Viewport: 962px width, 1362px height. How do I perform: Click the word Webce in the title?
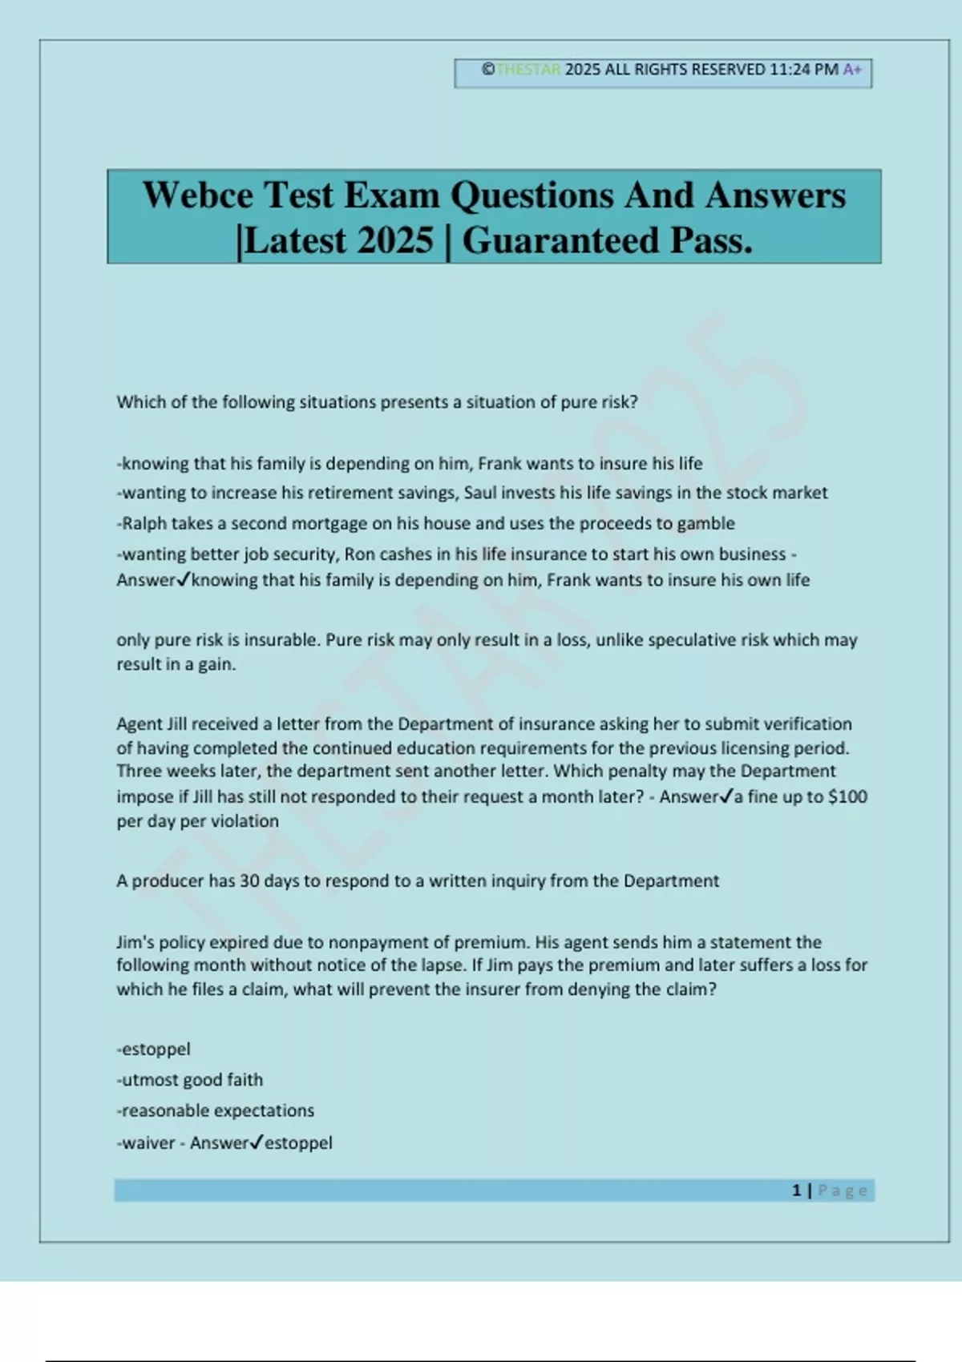coord(197,195)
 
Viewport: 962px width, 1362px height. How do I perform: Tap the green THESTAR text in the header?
coord(528,70)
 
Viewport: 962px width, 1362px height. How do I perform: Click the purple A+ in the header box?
coord(852,70)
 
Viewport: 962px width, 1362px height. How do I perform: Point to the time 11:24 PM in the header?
coord(804,70)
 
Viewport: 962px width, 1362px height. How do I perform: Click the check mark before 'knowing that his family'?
coord(184,579)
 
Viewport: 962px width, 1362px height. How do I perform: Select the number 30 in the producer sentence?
coord(249,881)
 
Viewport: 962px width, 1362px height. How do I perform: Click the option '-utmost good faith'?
coord(190,1080)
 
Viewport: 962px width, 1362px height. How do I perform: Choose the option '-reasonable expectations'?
coord(216,1111)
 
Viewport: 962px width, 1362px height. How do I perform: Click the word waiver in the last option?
coord(148,1143)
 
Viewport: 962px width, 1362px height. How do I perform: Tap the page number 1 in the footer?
coord(796,1191)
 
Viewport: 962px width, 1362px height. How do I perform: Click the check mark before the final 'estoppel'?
coord(257,1142)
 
